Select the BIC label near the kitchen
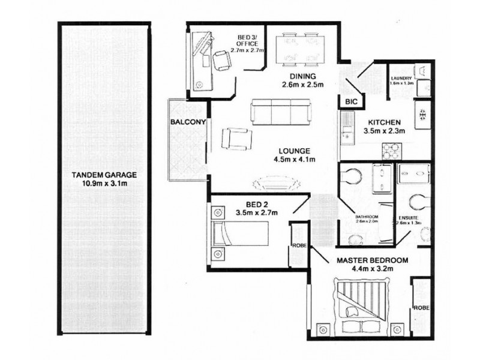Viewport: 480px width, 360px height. (351, 103)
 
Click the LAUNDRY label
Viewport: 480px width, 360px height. (400, 79)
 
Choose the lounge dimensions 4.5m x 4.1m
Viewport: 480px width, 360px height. (294, 159)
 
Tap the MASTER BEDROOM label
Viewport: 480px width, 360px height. (372, 260)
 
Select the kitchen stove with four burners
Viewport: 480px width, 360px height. (392, 149)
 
